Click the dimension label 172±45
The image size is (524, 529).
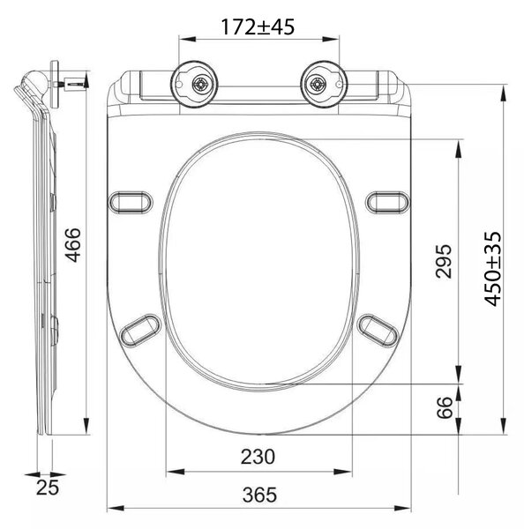click(x=258, y=27)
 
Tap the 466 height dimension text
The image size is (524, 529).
click(x=73, y=245)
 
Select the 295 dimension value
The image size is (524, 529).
click(x=443, y=262)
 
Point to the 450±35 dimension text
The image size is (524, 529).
click(x=492, y=269)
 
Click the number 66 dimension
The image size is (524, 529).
click(x=444, y=407)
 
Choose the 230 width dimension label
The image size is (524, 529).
click(x=258, y=457)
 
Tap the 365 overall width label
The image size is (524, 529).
click(x=259, y=495)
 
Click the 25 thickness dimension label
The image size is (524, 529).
click(x=48, y=488)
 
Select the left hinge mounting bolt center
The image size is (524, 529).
click(x=201, y=85)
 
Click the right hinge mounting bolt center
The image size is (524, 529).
click(x=318, y=85)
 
